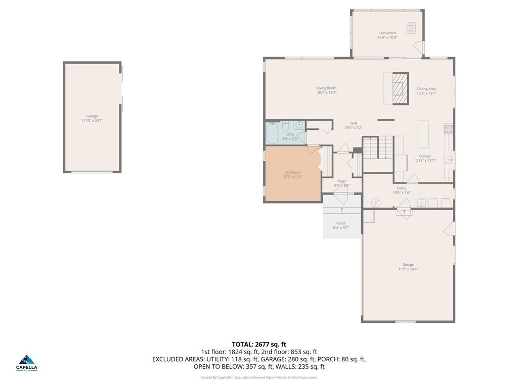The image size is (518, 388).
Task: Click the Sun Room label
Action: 387,33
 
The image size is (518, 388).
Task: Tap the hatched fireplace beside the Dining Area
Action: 400,88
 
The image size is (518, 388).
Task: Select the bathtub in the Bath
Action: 272,133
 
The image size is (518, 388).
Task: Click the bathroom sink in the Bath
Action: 299,125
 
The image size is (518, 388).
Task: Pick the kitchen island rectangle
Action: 423,134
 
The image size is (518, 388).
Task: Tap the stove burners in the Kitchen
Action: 448,129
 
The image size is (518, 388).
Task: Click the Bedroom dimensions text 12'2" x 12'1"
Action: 292,177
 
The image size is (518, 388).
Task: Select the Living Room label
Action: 326,88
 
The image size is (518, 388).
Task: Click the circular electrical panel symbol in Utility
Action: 375,203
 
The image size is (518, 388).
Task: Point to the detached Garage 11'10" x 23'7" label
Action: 92,116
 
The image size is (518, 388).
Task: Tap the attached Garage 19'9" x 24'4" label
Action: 408,265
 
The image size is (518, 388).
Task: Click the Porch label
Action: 341,223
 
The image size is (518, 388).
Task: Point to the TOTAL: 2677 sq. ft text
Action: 259,345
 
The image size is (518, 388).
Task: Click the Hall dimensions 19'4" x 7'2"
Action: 354,128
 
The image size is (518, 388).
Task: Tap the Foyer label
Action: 342,181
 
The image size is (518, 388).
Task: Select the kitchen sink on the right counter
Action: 448,160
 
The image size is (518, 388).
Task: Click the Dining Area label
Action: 426,88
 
